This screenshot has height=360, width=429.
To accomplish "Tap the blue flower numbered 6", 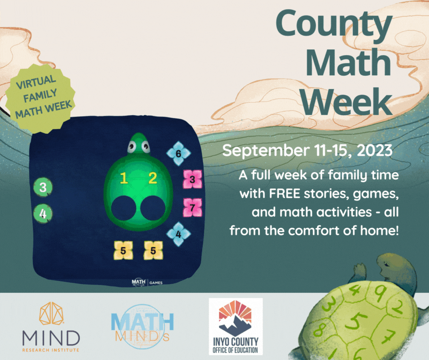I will click(x=178, y=154).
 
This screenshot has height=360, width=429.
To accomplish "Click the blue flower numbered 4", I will click(x=178, y=234).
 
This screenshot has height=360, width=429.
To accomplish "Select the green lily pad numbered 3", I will click(x=43, y=187).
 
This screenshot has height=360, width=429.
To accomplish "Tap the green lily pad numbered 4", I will click(x=43, y=213).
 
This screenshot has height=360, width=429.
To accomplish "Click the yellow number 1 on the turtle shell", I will click(x=124, y=178).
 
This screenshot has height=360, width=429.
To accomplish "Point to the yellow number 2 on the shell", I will click(x=152, y=178).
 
